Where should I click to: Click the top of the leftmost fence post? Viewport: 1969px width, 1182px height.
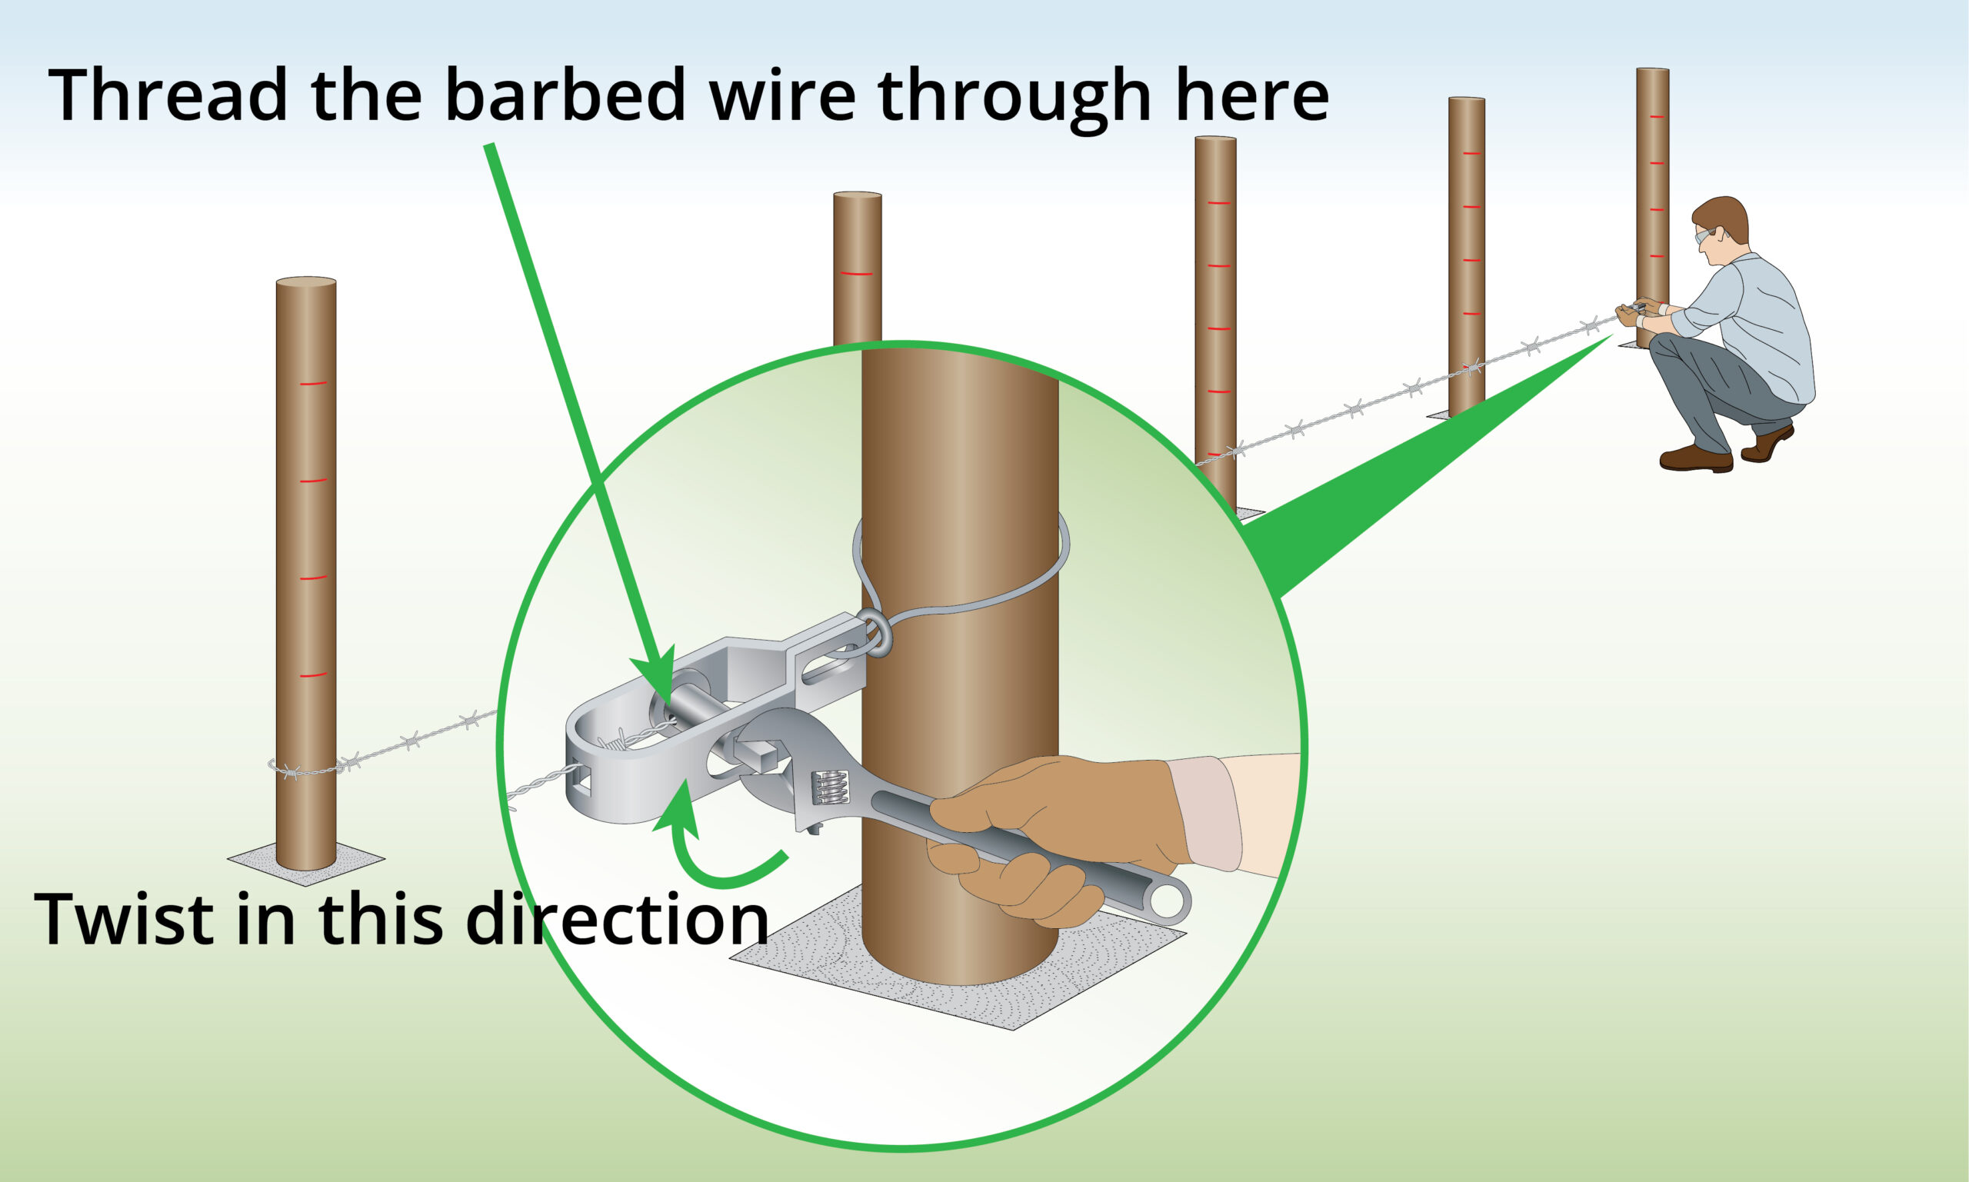point(306,282)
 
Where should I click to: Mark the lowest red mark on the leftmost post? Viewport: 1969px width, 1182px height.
point(313,675)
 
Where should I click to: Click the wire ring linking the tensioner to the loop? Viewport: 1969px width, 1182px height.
point(877,633)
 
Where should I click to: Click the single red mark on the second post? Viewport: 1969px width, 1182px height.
point(857,273)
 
